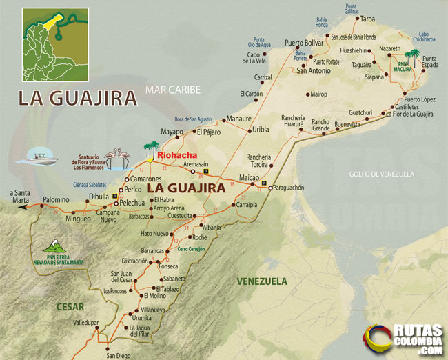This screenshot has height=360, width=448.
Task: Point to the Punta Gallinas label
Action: pos(352,9)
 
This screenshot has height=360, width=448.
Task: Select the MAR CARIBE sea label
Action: pos(172,89)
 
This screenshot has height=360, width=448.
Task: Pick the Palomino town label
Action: pos(56,199)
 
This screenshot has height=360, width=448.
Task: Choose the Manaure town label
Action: pos(239,119)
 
